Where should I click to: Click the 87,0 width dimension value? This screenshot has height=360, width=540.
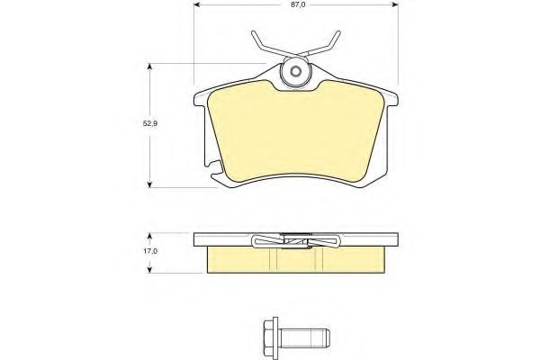[x=294, y=6]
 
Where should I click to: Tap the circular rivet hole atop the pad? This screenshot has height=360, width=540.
[x=294, y=71]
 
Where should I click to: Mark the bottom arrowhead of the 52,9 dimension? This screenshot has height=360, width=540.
[x=149, y=184]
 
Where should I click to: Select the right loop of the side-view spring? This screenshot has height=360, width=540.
[x=329, y=240]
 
